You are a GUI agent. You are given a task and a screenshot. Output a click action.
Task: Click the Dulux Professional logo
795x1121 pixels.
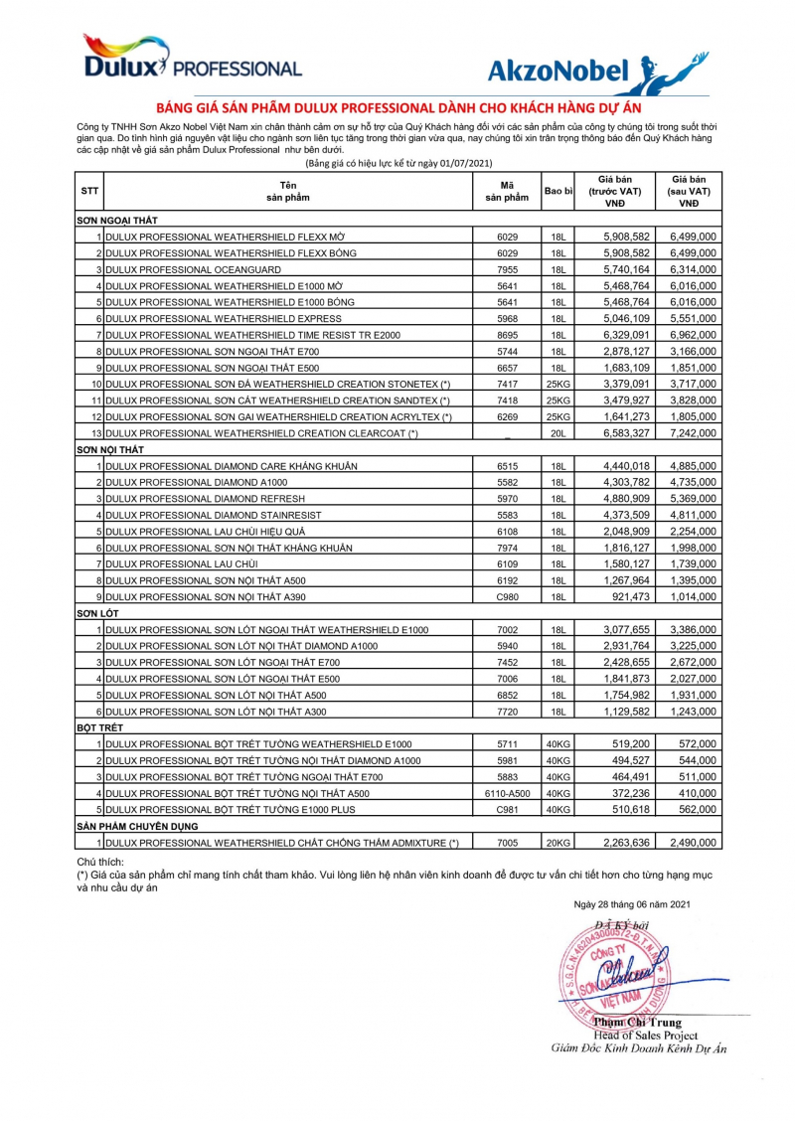click(190, 59)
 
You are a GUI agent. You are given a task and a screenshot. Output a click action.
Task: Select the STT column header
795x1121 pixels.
click(89, 192)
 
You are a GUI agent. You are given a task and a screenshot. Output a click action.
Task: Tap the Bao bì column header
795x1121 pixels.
click(557, 191)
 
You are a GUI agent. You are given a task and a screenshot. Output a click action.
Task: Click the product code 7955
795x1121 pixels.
click(508, 269)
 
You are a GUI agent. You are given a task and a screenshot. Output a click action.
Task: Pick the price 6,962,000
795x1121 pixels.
click(693, 335)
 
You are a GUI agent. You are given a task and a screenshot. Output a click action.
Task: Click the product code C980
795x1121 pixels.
click(508, 596)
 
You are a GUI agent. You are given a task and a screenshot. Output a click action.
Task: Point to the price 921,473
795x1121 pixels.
click(618, 596)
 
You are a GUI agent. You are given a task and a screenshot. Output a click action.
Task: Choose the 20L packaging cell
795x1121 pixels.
click(557, 432)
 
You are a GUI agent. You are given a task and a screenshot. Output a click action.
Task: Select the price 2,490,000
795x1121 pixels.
click(693, 842)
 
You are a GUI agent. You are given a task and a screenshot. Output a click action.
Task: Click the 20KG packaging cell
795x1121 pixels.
click(557, 842)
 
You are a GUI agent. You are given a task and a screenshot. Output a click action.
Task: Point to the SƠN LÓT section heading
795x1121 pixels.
click(97, 613)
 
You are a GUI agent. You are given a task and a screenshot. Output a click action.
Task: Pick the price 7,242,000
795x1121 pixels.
click(693, 432)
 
